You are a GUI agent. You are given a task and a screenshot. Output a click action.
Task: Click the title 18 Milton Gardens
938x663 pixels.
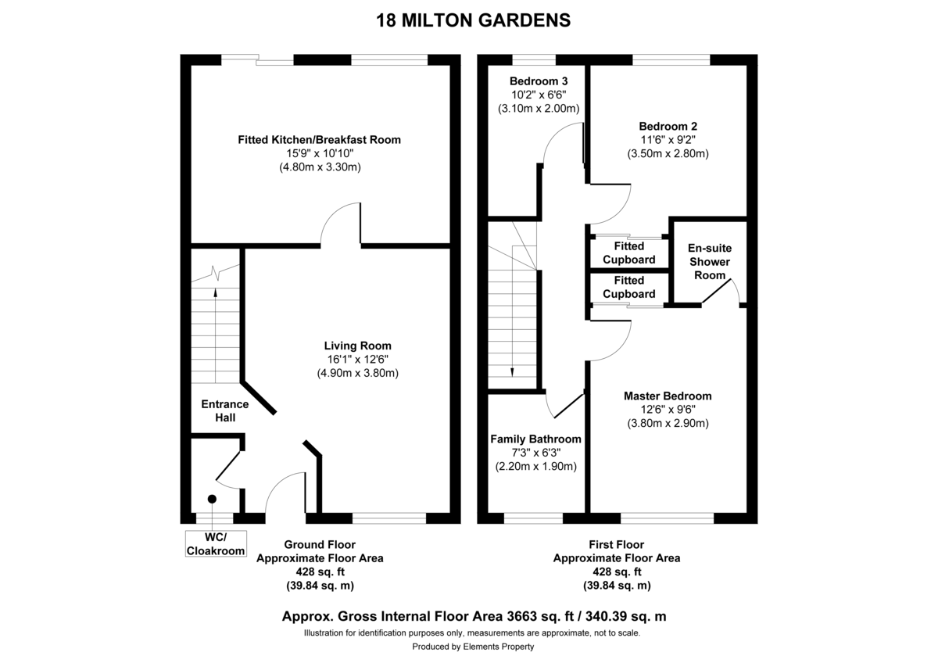473,20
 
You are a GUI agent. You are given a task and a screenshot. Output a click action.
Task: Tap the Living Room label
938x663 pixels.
357,346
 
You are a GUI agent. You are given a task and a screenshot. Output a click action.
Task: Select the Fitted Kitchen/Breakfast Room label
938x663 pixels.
319,140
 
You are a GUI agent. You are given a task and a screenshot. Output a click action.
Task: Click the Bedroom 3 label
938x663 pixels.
538,81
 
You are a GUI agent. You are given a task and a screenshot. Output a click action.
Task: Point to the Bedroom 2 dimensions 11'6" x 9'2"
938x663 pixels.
668,140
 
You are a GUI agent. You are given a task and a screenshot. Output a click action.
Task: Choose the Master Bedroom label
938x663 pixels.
668,396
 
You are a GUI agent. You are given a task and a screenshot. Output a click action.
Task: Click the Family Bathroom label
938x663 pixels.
535,439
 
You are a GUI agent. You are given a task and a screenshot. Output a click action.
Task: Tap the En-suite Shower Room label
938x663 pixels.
710,262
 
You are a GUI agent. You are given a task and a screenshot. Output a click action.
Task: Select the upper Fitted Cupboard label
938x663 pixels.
628,253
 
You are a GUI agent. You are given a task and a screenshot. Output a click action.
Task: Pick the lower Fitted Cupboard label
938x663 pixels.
628,287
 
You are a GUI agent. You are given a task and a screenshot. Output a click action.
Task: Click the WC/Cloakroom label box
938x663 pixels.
215,543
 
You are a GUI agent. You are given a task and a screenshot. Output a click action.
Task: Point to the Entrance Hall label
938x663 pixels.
224,410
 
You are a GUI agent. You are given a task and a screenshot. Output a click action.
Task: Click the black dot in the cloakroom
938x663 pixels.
212,499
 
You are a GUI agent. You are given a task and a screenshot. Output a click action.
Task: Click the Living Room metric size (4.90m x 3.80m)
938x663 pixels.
357,373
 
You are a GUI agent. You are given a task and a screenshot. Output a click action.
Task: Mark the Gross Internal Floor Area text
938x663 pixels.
474,616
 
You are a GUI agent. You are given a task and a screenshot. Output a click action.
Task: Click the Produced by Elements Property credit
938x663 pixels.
473,647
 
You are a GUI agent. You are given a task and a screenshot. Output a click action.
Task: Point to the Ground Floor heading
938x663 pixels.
319,544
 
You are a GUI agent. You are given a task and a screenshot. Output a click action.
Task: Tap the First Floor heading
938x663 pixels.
616,544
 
